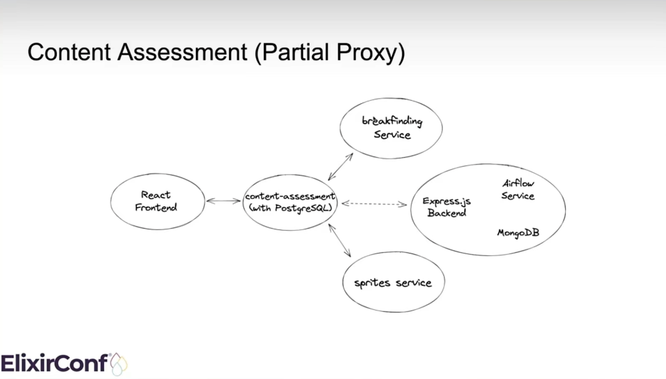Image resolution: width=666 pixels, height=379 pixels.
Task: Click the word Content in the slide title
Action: pos(69,52)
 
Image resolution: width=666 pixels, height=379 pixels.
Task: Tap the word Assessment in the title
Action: pos(182,52)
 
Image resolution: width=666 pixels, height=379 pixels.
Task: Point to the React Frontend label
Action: pos(156,201)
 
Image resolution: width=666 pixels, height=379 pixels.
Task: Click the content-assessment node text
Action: pos(290,196)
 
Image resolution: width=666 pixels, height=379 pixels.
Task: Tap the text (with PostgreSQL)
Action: pos(290,208)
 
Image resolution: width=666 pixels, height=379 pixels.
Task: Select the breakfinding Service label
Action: pos(392,128)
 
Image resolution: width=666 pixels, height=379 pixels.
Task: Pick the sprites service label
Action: pos(393,283)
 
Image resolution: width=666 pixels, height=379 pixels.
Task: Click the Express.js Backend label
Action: pos(446,207)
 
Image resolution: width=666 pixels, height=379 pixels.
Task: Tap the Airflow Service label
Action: pos(518,189)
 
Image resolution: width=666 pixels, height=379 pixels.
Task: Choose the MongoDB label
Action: pos(518,233)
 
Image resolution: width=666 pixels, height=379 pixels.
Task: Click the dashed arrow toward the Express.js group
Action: pos(374,204)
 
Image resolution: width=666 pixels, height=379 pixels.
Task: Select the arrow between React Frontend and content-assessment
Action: pos(223,201)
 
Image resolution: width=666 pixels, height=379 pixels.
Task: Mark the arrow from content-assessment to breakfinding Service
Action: pos(340,167)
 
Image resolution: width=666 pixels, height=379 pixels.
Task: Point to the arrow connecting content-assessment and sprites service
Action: pos(340,240)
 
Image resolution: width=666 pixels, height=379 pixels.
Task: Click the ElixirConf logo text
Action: pos(54,363)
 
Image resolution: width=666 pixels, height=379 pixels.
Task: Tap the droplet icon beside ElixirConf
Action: pos(118,364)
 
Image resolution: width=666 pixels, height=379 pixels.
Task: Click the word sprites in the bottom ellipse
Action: pos(372,283)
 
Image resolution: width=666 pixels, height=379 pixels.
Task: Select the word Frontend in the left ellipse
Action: pos(156,207)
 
